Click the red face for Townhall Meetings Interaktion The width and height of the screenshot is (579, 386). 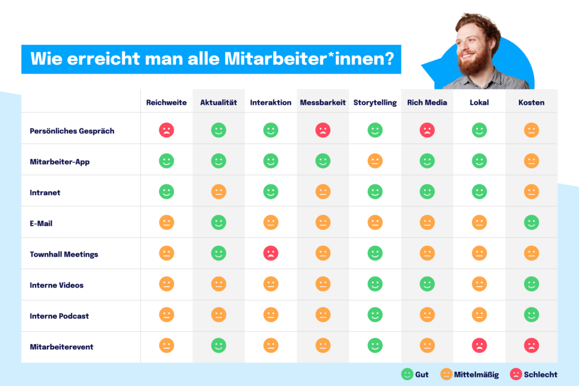271,253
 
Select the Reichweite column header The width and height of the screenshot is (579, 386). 166,102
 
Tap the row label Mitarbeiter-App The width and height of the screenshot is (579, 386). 59,162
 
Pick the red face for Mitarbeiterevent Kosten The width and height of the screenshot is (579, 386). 532,345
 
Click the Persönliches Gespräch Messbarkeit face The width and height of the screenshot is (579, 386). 323,131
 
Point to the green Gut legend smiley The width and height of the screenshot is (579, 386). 407,374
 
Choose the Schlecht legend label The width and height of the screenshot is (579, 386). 540,374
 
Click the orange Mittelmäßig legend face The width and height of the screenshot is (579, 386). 447,374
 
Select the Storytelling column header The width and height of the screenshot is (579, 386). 375,102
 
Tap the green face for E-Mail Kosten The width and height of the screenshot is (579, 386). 532,223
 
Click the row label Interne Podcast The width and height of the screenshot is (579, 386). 59,316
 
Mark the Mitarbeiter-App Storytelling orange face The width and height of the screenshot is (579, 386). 375,161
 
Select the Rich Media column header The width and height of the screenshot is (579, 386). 427,102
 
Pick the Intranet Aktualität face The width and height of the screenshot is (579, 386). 219,192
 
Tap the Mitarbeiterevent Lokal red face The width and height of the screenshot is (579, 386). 479,345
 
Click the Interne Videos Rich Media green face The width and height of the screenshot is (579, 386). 427,284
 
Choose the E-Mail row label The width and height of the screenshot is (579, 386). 41,223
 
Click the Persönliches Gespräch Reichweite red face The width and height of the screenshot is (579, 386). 166,131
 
